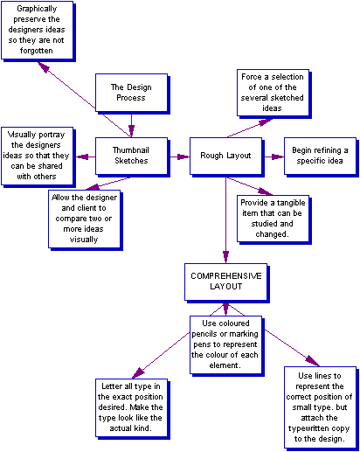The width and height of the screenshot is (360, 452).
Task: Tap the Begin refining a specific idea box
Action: pos(319,156)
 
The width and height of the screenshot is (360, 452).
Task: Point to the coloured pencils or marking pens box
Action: pos(226,345)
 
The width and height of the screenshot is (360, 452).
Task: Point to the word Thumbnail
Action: pos(129,150)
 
